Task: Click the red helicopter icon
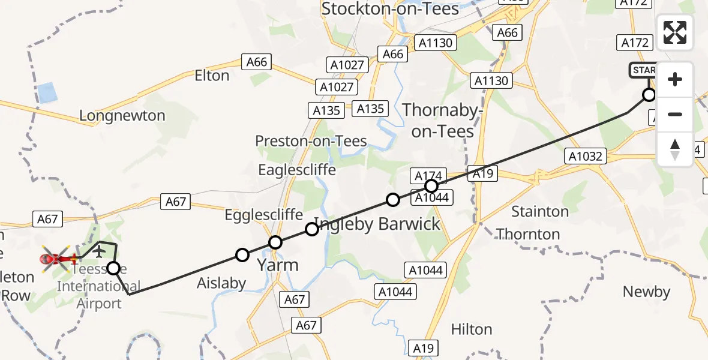click(56, 259)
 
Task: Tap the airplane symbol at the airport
click(98, 250)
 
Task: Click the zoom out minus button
click(675, 115)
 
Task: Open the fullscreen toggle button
click(675, 32)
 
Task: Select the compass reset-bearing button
click(675, 149)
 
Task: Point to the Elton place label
click(212, 76)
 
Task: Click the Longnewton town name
click(122, 116)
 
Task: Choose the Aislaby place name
click(221, 283)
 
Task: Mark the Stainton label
click(539, 212)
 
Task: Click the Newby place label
click(646, 292)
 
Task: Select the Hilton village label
click(471, 329)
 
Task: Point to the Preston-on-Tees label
click(311, 141)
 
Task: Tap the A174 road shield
click(428, 176)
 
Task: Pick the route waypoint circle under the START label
click(649, 95)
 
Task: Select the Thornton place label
click(528, 234)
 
